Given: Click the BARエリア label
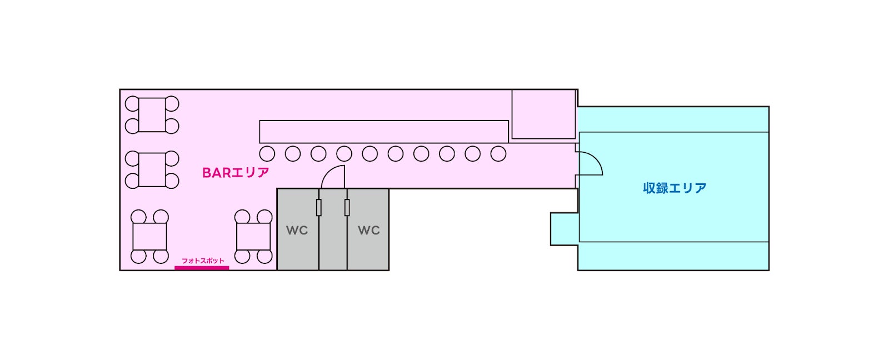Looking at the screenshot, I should [236, 173].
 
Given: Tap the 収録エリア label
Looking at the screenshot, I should [675, 188].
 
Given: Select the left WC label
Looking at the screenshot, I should [297, 230].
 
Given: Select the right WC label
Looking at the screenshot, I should [368, 230].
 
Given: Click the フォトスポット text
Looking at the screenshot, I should [203, 261].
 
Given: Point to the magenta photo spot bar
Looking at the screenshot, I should [202, 268].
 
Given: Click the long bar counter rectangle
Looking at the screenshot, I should [383, 132].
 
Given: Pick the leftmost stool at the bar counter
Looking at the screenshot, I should [267, 153].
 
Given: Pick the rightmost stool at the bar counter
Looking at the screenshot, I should [498, 153].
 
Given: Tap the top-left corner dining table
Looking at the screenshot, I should [152, 115].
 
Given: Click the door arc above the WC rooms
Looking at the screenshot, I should [332, 177].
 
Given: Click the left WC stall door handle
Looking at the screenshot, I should [319, 207].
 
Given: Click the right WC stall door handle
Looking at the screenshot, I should [347, 207].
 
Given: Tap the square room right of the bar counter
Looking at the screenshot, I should [543, 114].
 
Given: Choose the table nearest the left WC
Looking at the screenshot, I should [253, 237].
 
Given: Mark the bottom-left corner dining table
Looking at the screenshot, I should [149, 237].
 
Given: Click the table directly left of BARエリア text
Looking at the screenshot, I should [152, 169].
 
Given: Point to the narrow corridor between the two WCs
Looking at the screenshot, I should [333, 239].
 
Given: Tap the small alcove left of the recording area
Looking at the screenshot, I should [564, 228].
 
